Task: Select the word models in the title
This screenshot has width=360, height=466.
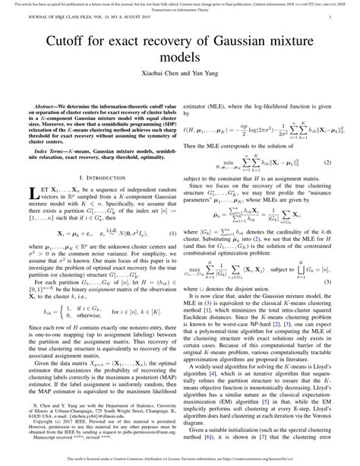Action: pos(180,59)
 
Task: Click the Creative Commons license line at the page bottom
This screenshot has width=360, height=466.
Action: pos(180,458)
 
